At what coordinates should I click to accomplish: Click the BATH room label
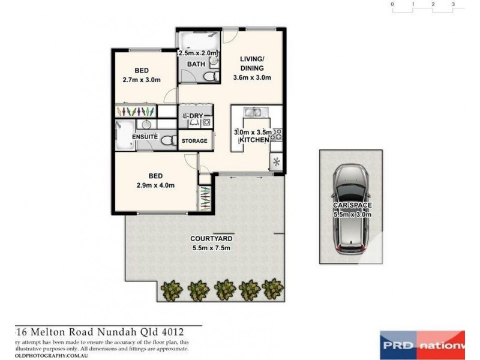[196, 64]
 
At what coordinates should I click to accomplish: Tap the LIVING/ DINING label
[252, 63]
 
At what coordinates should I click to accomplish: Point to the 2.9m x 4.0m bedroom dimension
[155, 185]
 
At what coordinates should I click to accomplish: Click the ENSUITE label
[145, 137]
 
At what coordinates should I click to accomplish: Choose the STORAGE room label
[194, 141]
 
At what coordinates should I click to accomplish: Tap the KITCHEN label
[254, 140]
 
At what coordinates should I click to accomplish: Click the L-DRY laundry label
[193, 115]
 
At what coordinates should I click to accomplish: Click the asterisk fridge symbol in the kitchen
[277, 161]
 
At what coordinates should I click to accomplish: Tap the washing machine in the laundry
[206, 121]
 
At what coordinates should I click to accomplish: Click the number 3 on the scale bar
[454, 4]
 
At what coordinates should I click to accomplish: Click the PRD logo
[397, 346]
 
